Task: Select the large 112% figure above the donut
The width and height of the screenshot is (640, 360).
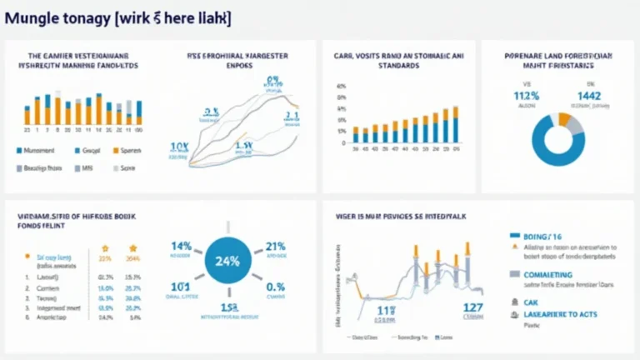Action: click(527, 96)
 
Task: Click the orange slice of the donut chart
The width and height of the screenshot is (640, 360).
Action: click(565, 121)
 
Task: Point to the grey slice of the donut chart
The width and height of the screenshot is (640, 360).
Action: click(576, 126)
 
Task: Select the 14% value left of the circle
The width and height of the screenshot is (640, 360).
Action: click(182, 247)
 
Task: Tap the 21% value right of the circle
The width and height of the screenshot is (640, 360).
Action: click(275, 247)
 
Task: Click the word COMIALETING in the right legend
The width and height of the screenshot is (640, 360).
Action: click(548, 274)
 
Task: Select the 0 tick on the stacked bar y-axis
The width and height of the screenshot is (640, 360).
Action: click(344, 142)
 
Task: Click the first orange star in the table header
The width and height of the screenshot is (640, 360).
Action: click(105, 248)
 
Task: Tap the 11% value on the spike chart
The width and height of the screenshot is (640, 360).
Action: click(386, 310)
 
